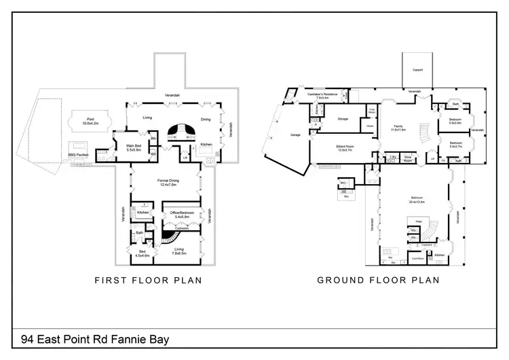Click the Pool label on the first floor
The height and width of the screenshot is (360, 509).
click(x=90, y=120)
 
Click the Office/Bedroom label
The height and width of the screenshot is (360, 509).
click(x=181, y=214)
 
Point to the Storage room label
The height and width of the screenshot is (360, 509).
click(x=341, y=118)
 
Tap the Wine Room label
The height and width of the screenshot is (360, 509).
click(x=409, y=158)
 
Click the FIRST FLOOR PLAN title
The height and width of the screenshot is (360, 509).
click(x=148, y=280)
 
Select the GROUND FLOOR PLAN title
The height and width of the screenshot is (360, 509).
click(x=378, y=280)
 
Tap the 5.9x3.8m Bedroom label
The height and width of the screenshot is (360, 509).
click(x=455, y=121)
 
